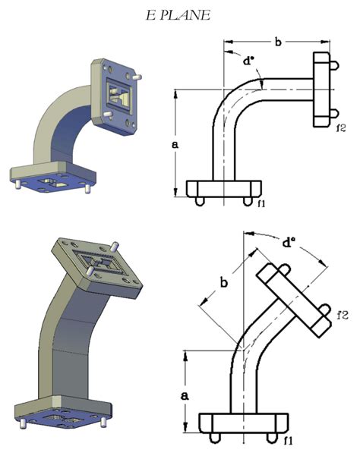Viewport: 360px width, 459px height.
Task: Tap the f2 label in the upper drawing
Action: pyautogui.click(x=341, y=127)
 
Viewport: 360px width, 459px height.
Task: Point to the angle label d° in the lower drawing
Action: pyautogui.click(x=289, y=244)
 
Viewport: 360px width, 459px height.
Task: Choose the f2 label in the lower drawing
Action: pyautogui.click(x=343, y=313)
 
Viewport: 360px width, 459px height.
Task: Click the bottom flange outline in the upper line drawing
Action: pyautogui.click(x=224, y=188)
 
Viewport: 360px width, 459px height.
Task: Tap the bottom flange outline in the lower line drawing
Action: pyautogui.click(x=242, y=422)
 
